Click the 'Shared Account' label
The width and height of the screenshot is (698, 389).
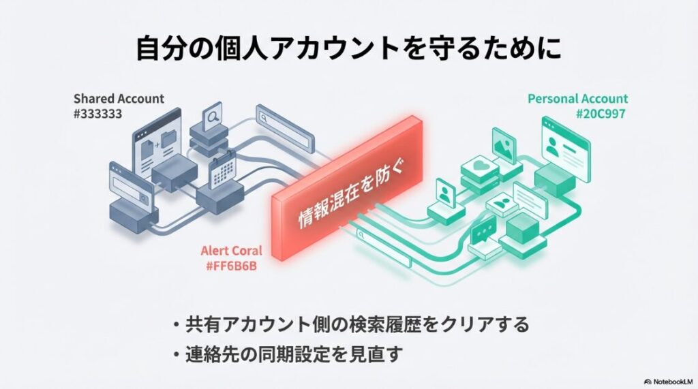[x=119, y=99]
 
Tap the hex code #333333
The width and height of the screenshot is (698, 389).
[x=97, y=114]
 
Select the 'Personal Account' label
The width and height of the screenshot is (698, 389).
[x=577, y=99]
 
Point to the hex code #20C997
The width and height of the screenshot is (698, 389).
[x=601, y=114]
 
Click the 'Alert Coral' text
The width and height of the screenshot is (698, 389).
[x=232, y=250]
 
